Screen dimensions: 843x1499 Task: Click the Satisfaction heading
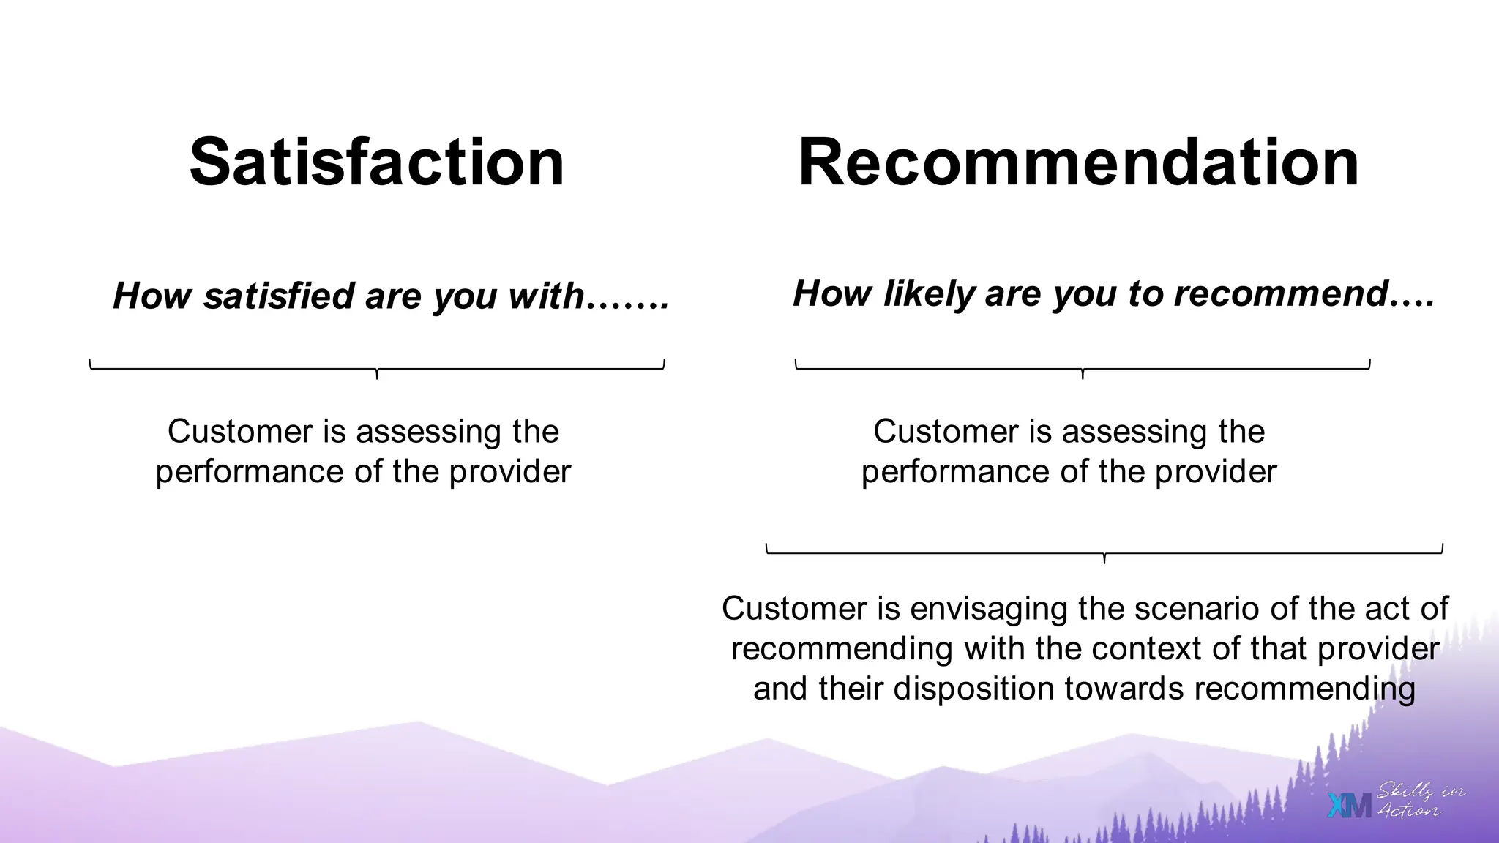click(x=377, y=162)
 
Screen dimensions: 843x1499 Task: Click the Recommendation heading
click(x=1078, y=162)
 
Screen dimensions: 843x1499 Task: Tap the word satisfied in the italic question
click(x=279, y=297)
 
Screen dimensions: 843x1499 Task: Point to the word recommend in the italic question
click(x=1281, y=293)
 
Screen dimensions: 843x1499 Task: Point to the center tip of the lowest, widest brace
click(x=1104, y=561)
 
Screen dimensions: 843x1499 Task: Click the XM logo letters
click(x=1349, y=806)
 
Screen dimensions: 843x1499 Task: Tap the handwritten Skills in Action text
click(x=1419, y=801)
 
